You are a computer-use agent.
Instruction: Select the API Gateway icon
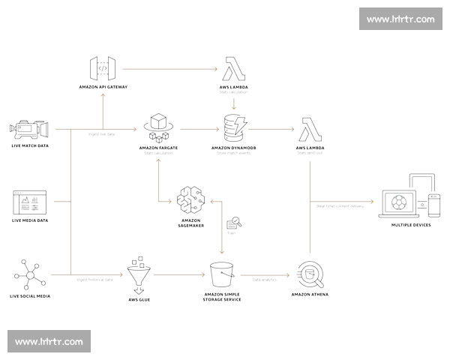pyautogui.click(x=103, y=68)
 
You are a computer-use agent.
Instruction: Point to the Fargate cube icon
pyautogui.click(x=158, y=127)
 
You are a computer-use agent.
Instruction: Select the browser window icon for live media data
pyautogui.click(x=29, y=201)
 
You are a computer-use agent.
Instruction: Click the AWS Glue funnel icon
pyautogui.click(x=138, y=277)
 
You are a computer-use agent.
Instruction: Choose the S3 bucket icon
pyautogui.click(x=221, y=274)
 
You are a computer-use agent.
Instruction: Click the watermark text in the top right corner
pyautogui.click(x=400, y=19)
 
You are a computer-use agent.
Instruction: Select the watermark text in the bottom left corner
pyautogui.click(x=49, y=341)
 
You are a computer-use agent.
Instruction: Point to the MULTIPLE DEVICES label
pyautogui.click(x=411, y=224)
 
